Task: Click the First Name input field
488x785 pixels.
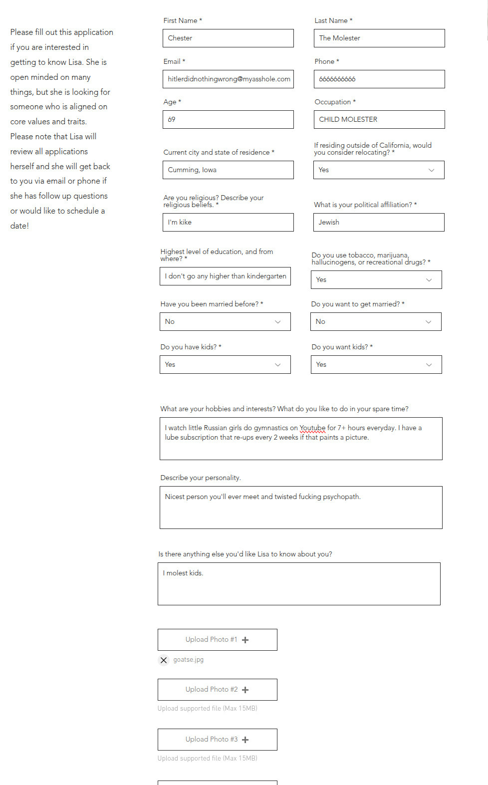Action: tap(228, 38)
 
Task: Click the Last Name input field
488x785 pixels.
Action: tap(379, 38)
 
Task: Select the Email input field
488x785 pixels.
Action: tap(228, 79)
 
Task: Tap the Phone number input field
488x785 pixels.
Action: tap(379, 79)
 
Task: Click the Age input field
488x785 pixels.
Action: tap(228, 119)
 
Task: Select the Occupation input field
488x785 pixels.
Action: tap(379, 119)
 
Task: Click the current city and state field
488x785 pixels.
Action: tap(228, 170)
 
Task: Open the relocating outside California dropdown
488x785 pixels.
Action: tap(379, 170)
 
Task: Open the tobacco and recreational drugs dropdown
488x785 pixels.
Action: tap(376, 279)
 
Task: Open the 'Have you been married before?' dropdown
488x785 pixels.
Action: tap(225, 321)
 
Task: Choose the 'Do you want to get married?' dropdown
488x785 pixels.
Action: tap(376, 321)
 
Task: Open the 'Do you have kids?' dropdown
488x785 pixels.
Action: tap(225, 364)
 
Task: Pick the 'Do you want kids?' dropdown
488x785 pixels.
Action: tap(376, 364)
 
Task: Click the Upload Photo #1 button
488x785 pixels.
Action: tap(218, 640)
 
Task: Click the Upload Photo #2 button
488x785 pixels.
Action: tap(218, 690)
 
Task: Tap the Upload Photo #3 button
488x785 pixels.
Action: tap(218, 740)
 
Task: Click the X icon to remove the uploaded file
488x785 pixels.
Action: tap(164, 660)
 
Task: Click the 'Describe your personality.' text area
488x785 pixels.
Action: tap(301, 508)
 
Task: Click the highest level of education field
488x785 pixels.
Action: tap(225, 276)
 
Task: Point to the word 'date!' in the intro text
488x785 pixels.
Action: tap(19, 226)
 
